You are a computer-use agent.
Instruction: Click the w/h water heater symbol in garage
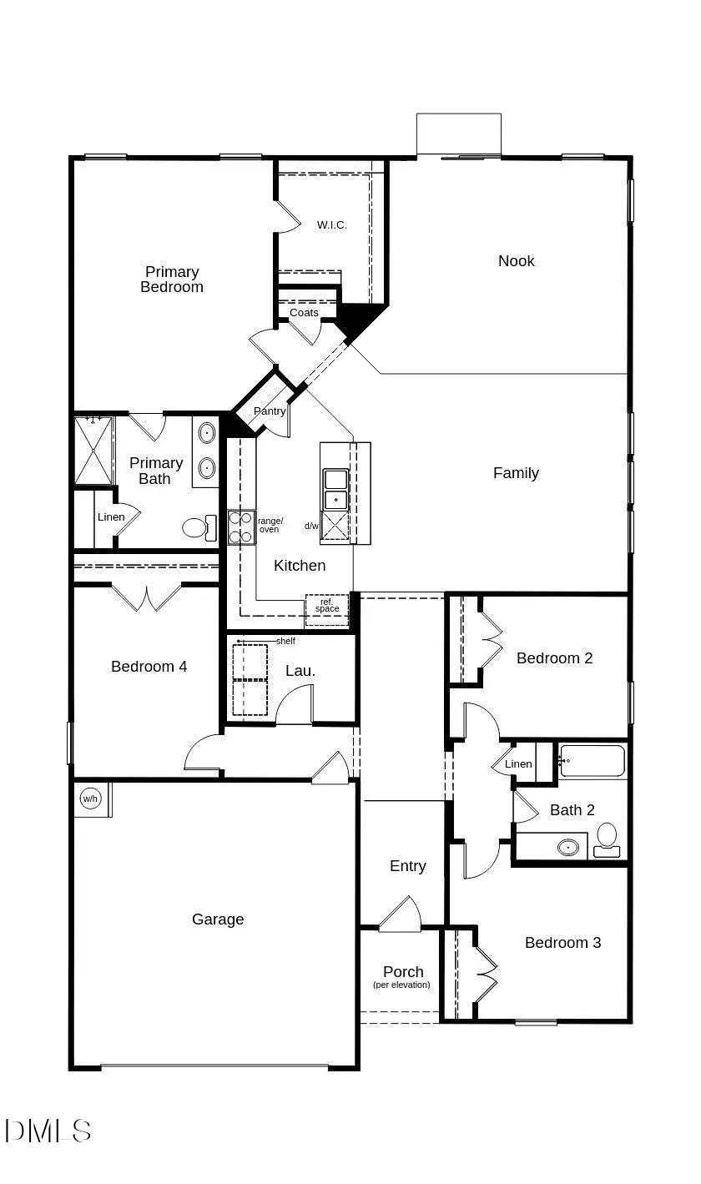pyautogui.click(x=89, y=799)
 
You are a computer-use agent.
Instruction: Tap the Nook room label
pyautogui.click(x=516, y=261)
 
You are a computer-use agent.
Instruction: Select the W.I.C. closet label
pyautogui.click(x=331, y=225)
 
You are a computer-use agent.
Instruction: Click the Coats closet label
pyautogui.click(x=304, y=313)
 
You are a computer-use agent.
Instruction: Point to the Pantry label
pyautogui.click(x=270, y=411)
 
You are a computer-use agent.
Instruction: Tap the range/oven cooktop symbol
pyautogui.click(x=241, y=527)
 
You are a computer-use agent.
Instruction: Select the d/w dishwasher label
pyautogui.click(x=311, y=526)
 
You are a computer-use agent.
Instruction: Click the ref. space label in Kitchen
pyautogui.click(x=327, y=605)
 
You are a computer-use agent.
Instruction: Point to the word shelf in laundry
pyautogui.click(x=285, y=641)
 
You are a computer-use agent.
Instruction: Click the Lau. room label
pyautogui.click(x=300, y=671)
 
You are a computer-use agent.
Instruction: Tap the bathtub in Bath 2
pyautogui.click(x=592, y=761)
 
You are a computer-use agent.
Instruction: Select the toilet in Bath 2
pyautogui.click(x=607, y=837)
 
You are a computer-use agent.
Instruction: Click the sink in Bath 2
pyautogui.click(x=569, y=847)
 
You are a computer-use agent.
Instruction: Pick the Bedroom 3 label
pyautogui.click(x=562, y=943)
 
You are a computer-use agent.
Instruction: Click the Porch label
pyautogui.click(x=403, y=972)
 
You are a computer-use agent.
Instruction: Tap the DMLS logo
pyautogui.click(x=48, y=1131)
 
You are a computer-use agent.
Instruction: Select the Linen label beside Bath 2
pyautogui.click(x=518, y=764)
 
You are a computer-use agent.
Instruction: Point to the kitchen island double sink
pyautogui.click(x=335, y=489)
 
